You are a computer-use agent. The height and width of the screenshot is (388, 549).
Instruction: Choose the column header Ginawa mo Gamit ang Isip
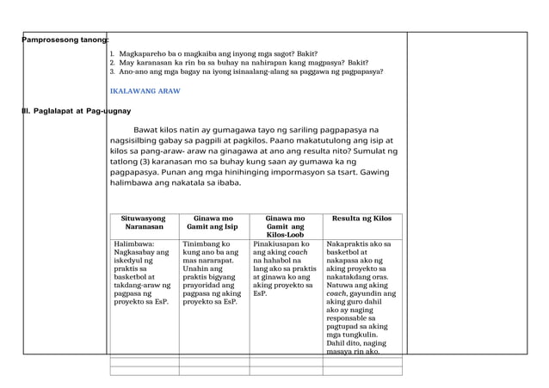click(213, 224)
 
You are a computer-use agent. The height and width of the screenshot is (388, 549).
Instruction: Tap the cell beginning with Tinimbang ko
click(213, 273)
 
